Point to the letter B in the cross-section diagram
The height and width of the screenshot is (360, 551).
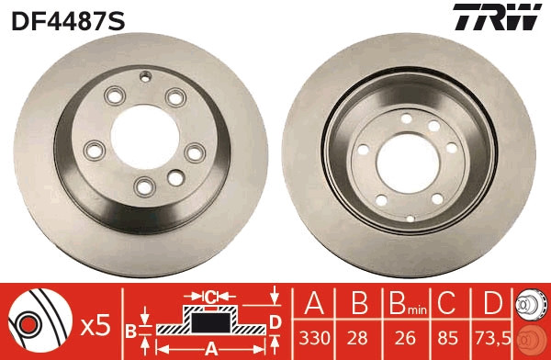[x=130, y=329]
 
